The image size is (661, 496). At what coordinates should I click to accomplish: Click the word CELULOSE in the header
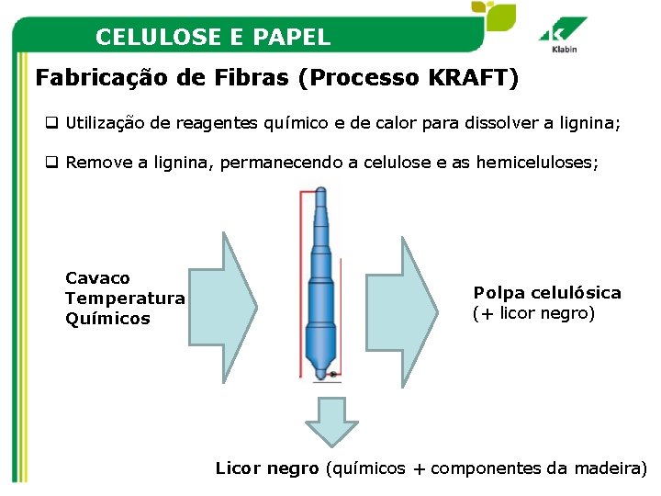[151, 38]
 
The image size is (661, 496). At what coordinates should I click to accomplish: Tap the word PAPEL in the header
[297, 38]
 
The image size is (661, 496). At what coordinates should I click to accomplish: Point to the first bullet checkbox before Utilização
[53, 121]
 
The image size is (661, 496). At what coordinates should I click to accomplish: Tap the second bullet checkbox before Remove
[53, 163]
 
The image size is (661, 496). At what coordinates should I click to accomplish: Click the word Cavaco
[98, 277]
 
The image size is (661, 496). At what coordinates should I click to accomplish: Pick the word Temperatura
[125, 298]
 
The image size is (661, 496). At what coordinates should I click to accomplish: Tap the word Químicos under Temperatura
[107, 319]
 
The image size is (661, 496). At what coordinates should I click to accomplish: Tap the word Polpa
[497, 293]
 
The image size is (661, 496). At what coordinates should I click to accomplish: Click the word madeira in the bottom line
[608, 468]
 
